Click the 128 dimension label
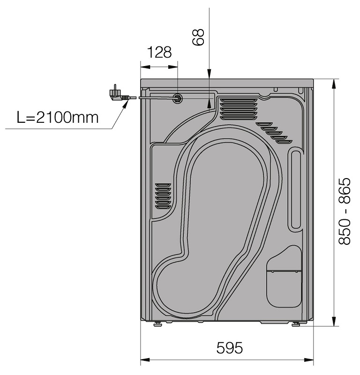tap(159, 52)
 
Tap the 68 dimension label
tap(198, 37)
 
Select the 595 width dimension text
tap(229, 348)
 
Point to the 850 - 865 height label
tap(344, 211)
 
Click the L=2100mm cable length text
tap(58, 118)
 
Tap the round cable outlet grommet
tap(178, 98)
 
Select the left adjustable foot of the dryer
tap(157, 324)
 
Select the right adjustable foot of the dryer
tap(296, 324)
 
